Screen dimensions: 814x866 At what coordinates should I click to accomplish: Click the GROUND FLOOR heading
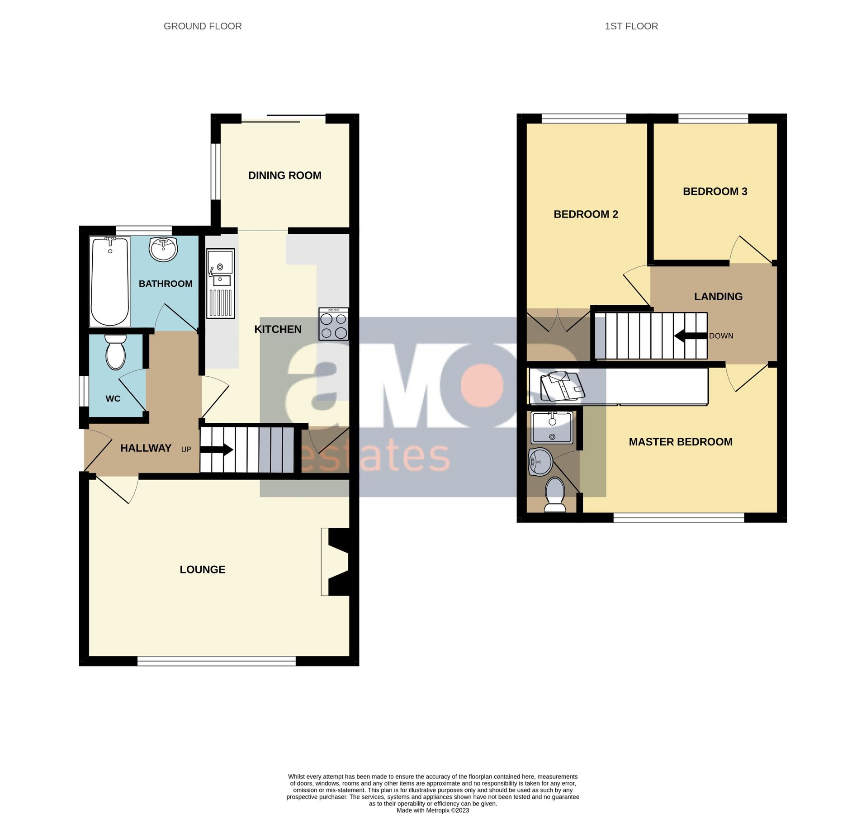[203, 26]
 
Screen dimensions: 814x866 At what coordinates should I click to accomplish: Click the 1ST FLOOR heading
[631, 26]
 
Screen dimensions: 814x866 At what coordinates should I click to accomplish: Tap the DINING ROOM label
[284, 175]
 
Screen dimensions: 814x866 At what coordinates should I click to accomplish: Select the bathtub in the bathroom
[110, 281]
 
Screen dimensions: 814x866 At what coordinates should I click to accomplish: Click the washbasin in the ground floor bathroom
[163, 249]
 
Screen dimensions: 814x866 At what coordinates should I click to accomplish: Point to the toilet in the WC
[115, 352]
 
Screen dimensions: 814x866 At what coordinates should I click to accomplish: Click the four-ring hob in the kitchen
[333, 324]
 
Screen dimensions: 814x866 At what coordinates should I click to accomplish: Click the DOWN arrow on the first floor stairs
[690, 336]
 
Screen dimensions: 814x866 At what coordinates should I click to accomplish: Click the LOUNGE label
[202, 569]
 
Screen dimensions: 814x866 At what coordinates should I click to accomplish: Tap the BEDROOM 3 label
[715, 191]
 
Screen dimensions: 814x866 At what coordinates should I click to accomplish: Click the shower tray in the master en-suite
[552, 427]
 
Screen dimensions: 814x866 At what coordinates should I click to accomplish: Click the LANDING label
[718, 297]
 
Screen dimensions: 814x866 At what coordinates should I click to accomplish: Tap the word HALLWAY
[146, 448]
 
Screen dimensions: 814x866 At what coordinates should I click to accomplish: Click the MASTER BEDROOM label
[680, 442]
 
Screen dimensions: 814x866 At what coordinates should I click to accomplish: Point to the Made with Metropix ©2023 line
[432, 810]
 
